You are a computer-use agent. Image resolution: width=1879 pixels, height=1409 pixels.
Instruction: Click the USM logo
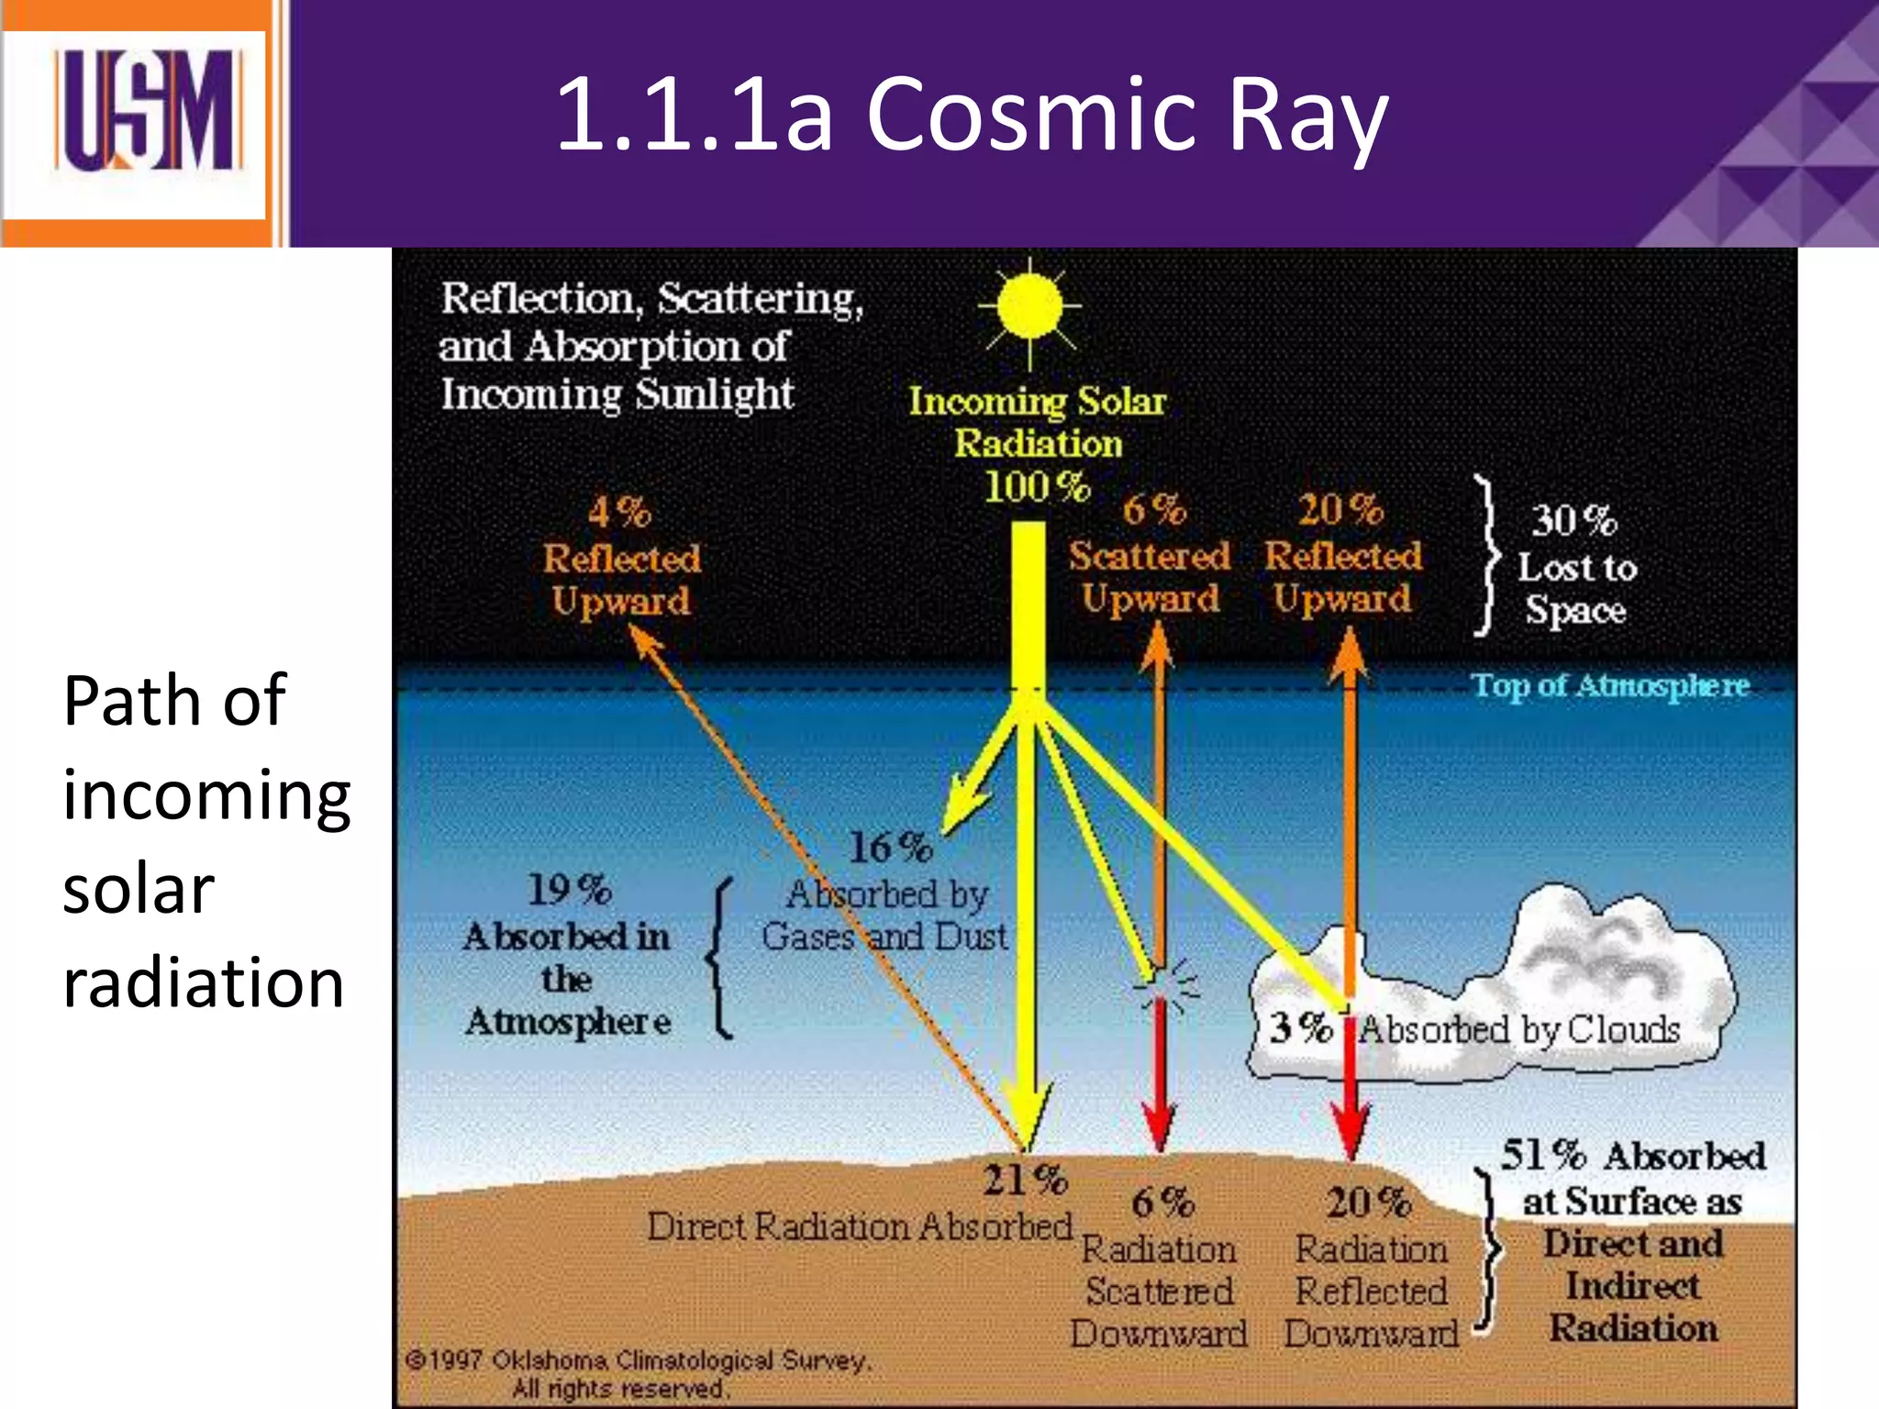pyautogui.click(x=147, y=112)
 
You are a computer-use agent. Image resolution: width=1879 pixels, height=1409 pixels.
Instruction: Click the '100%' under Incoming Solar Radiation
pyautogui.click(x=1036, y=486)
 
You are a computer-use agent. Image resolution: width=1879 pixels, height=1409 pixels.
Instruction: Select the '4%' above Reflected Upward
pyautogui.click(x=619, y=512)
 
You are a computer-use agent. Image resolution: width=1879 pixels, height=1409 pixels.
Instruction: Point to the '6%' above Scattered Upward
pyautogui.click(x=1153, y=509)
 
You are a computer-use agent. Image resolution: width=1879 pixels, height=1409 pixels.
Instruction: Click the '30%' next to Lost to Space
pyautogui.click(x=1574, y=520)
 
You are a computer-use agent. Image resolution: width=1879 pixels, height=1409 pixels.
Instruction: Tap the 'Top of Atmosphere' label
pyautogui.click(x=1610, y=685)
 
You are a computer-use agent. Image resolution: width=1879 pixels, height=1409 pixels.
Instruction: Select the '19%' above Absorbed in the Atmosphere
pyautogui.click(x=569, y=889)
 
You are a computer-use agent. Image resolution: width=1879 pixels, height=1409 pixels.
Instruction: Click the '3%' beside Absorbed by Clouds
pyautogui.click(x=1301, y=1027)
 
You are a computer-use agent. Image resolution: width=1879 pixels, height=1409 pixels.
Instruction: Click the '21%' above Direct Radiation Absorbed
pyautogui.click(x=1025, y=1181)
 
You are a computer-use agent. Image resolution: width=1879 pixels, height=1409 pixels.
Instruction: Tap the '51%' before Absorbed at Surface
pyautogui.click(x=1543, y=1155)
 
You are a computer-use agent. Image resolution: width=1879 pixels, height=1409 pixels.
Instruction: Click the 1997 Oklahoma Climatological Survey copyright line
pyautogui.click(x=639, y=1359)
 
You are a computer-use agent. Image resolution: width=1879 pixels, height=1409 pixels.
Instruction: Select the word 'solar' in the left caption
pyautogui.click(x=138, y=889)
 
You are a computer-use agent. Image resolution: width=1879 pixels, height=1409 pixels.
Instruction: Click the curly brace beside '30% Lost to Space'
pyautogui.click(x=1486, y=555)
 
